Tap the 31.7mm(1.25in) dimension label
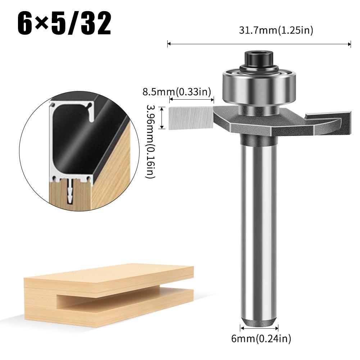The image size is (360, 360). (276, 31)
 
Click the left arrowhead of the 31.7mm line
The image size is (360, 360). (169, 44)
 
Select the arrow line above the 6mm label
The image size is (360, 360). (259, 328)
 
